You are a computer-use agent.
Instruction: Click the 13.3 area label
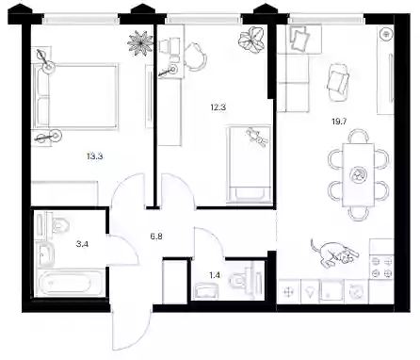pyautogui.click(x=95, y=156)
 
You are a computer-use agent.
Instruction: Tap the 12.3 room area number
pyautogui.click(x=218, y=107)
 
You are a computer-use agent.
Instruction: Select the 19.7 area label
pyautogui.click(x=339, y=122)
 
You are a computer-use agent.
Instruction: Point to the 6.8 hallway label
pyautogui.click(x=156, y=237)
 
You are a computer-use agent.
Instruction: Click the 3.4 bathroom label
pyautogui.click(x=82, y=243)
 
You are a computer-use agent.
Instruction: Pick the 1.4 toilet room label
pyautogui.click(x=215, y=275)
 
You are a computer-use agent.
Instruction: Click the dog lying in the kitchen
pyautogui.click(x=334, y=254)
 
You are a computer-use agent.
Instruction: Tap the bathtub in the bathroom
pyautogui.click(x=70, y=282)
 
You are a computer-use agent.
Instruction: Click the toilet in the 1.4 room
pyautogui.click(x=239, y=280)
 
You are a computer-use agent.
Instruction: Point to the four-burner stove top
pyautogui.click(x=381, y=268)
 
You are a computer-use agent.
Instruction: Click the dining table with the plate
pyautogui.click(x=358, y=174)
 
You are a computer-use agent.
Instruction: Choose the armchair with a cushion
pyautogui.click(x=338, y=82)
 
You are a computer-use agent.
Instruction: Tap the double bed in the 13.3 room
pyautogui.click(x=75, y=97)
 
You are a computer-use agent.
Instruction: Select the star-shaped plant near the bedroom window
pyautogui.click(x=140, y=43)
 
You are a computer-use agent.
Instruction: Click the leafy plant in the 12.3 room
pyautogui.click(x=251, y=40)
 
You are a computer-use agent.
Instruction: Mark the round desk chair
pyautogui.click(x=195, y=57)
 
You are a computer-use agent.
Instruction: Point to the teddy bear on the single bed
pyautogui.click(x=257, y=137)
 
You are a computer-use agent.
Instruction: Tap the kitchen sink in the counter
pyautogui.click(x=331, y=292)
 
